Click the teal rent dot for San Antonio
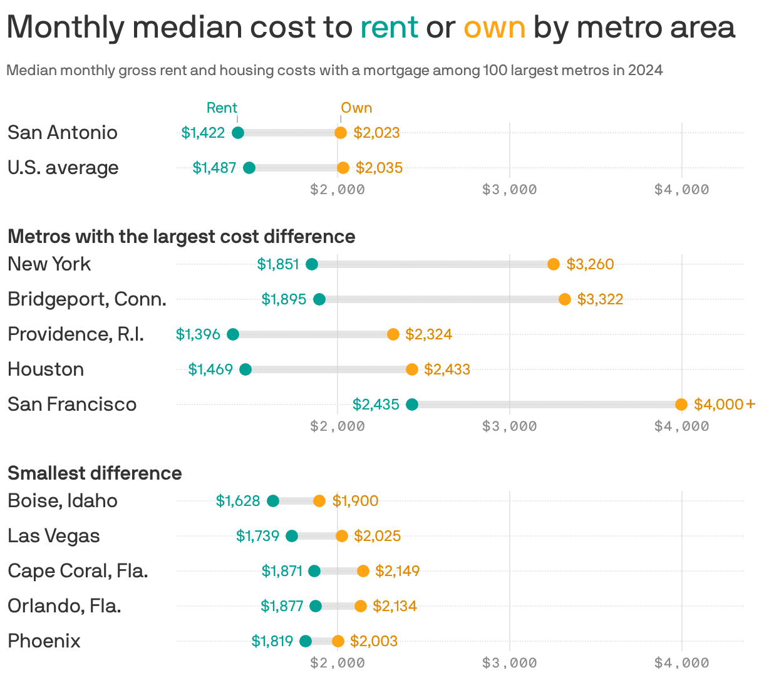coord(238,133)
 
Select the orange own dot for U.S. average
coord(343,168)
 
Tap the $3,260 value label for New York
coord(590,264)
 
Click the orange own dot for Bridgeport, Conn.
coord(565,299)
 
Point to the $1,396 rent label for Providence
coord(198,334)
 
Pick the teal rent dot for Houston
coord(245,369)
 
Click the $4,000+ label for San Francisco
coord(725,404)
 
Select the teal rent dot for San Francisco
coord(412,404)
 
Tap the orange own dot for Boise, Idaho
coord(319,501)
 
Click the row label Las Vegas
coord(54,536)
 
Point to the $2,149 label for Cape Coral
coord(398,571)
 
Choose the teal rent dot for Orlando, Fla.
coord(316,606)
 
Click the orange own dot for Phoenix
coord(338,641)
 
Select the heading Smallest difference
coord(95,473)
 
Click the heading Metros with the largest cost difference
coord(182,236)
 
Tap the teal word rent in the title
coord(389,28)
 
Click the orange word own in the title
coord(494,28)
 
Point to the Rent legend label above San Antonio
coord(222,108)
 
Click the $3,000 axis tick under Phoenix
coord(510,662)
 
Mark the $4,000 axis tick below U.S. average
coord(682,189)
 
